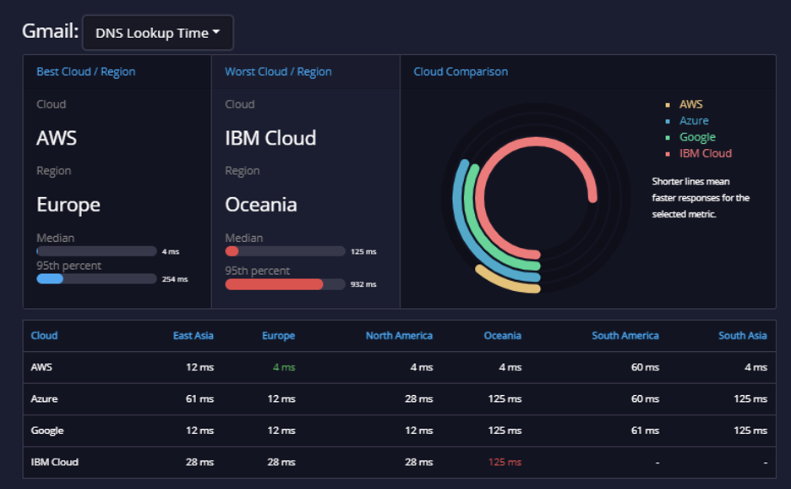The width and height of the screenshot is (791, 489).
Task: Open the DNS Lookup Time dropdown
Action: (x=158, y=33)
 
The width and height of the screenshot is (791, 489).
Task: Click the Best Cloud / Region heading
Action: (x=85, y=72)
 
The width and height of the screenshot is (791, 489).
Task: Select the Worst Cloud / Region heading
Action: (x=279, y=72)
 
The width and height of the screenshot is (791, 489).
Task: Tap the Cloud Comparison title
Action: (x=461, y=72)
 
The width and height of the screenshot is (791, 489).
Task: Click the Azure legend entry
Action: (x=694, y=121)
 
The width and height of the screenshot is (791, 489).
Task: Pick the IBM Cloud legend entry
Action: (x=706, y=154)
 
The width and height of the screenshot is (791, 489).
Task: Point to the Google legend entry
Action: (x=697, y=137)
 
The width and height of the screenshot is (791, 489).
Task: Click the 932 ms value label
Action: (x=363, y=284)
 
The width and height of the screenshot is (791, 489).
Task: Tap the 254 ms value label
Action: (x=175, y=279)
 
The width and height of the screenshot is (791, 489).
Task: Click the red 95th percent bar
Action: (x=274, y=284)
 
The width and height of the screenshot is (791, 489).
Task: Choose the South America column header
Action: (x=625, y=335)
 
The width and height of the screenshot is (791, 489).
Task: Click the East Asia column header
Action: (x=194, y=335)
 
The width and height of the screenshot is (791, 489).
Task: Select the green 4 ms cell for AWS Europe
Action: (x=284, y=367)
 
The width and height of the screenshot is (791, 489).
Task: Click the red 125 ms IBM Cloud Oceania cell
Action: (x=505, y=462)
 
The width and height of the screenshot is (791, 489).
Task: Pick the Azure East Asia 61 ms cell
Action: (x=199, y=399)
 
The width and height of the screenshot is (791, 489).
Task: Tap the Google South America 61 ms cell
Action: (x=645, y=431)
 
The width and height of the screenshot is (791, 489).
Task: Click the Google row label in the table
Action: (x=47, y=431)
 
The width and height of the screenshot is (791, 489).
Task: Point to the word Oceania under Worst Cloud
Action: (x=261, y=205)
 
